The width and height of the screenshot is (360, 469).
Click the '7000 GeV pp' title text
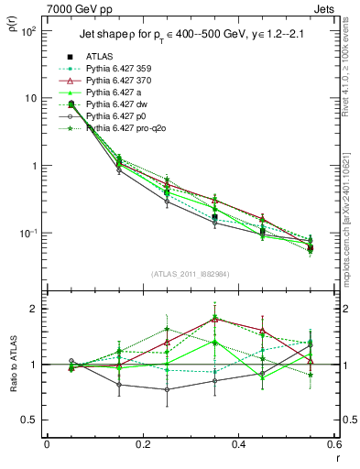79,9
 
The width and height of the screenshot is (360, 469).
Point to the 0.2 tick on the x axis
142,444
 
